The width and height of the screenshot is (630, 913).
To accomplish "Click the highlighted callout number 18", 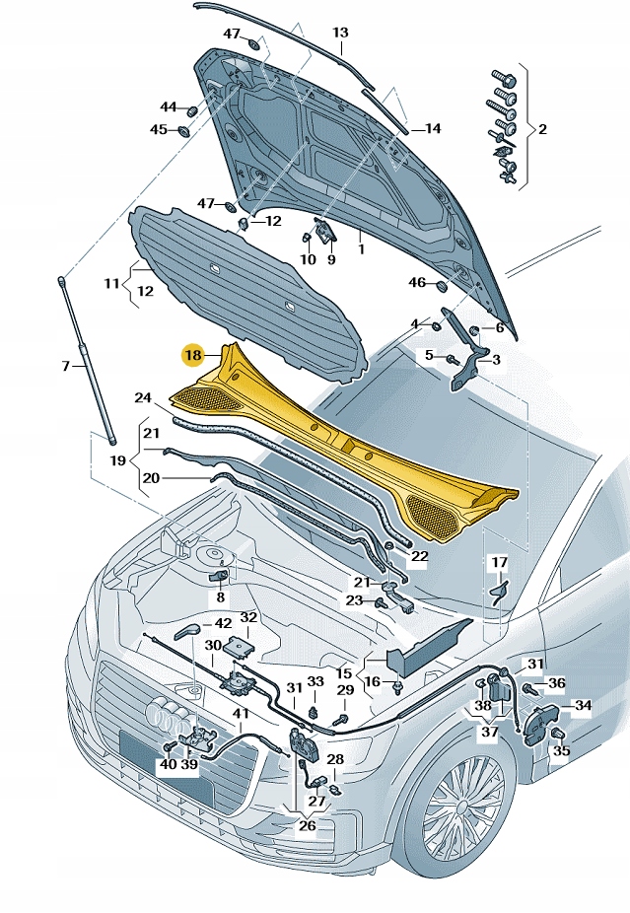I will tap(192, 355).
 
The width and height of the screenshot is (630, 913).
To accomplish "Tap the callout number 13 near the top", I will tap(340, 33).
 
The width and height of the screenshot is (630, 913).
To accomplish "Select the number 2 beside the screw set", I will tap(542, 129).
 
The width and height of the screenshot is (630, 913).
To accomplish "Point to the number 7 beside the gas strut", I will tap(66, 367).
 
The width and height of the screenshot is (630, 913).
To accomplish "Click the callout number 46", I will tap(417, 283).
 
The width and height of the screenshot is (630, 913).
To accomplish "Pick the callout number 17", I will tap(500, 563).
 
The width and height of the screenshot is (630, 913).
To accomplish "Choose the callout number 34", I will tap(584, 706).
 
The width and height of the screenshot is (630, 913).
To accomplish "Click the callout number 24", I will tap(143, 398).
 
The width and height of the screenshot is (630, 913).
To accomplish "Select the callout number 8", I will tap(221, 597).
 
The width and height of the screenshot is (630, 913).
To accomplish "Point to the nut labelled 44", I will tap(193, 107).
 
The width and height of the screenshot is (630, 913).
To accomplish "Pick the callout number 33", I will tap(315, 681).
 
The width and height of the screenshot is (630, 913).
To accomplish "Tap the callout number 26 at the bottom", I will tap(307, 825).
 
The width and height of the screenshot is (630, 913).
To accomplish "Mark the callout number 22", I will tap(420, 556).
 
